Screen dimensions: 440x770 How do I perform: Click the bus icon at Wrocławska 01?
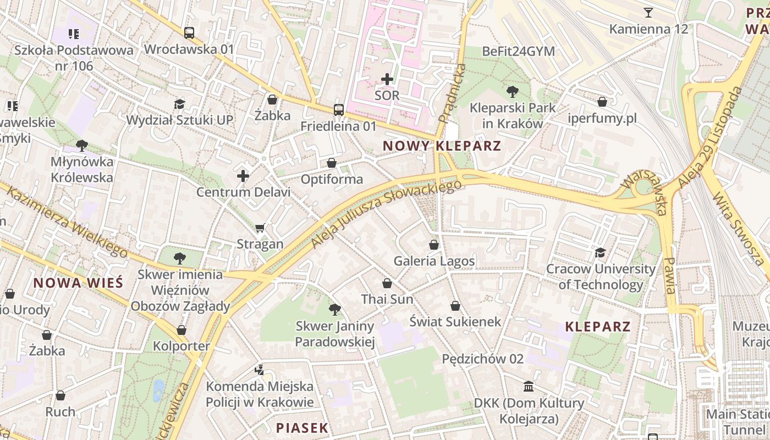point(189,33)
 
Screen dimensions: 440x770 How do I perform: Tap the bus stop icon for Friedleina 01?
point(339,110)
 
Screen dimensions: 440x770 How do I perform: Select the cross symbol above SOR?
point(387,79)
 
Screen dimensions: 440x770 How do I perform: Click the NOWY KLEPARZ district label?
point(442,146)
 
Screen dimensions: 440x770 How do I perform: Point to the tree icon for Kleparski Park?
point(513,91)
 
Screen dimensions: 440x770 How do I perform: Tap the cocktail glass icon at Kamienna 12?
point(648,13)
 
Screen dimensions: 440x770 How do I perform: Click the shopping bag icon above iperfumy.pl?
point(602,102)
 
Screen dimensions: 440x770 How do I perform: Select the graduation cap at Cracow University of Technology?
point(600,252)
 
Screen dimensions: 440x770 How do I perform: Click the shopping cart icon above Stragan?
point(260,228)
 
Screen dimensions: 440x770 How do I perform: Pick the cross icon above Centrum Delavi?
point(243,176)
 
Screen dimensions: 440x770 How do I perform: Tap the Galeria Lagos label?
point(435,261)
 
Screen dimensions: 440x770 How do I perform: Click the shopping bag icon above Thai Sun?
point(387,283)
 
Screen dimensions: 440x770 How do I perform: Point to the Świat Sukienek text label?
point(455,321)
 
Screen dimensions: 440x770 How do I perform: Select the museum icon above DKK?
point(529,387)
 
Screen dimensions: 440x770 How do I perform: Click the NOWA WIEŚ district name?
point(78,283)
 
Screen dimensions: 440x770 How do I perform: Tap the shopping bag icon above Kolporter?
point(182,330)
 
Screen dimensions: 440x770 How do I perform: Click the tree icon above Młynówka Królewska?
point(82,146)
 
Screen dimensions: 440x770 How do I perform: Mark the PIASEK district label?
point(302,427)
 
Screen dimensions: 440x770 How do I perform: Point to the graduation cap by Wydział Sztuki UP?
point(179,104)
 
